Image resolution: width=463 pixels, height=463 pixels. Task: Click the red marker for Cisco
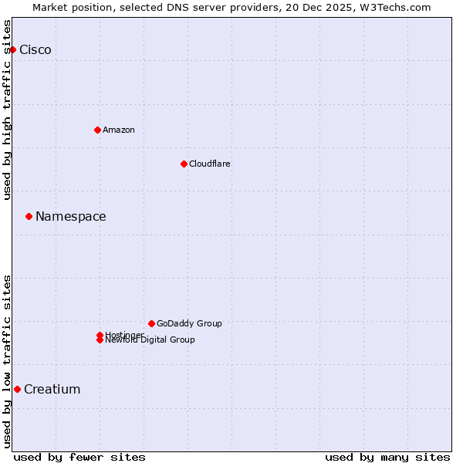pyautogui.click(x=12, y=49)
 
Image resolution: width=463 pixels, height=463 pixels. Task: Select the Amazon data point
pyautogui.click(x=97, y=130)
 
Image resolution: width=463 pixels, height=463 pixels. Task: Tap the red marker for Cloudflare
pyautogui.click(x=184, y=164)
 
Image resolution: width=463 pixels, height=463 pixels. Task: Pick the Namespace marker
pyautogui.click(x=29, y=216)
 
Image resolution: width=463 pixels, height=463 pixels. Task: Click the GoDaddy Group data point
pyautogui.click(x=151, y=323)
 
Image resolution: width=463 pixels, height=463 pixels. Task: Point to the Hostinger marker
pyautogui.click(x=100, y=335)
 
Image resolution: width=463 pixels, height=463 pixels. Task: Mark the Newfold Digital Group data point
pyautogui.click(x=100, y=340)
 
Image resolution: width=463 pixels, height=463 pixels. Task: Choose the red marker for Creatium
pyautogui.click(x=17, y=389)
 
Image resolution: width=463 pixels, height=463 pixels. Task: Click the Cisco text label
pyautogui.click(x=35, y=49)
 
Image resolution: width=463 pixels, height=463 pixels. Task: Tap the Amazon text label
pyautogui.click(x=119, y=130)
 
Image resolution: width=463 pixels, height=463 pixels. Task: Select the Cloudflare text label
pyautogui.click(x=210, y=164)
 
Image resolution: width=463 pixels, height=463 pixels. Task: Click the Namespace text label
pyautogui.click(x=71, y=216)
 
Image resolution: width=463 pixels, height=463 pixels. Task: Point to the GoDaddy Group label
pyautogui.click(x=189, y=323)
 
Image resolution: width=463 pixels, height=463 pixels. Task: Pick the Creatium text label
pyautogui.click(x=52, y=389)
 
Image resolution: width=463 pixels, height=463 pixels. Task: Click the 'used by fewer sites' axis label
pyautogui.click(x=79, y=457)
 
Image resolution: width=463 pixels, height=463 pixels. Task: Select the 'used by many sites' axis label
pyautogui.click(x=387, y=457)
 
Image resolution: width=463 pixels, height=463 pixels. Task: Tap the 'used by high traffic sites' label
pyautogui.click(x=7, y=110)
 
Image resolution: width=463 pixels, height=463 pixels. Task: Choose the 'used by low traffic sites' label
pyautogui.click(x=7, y=361)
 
